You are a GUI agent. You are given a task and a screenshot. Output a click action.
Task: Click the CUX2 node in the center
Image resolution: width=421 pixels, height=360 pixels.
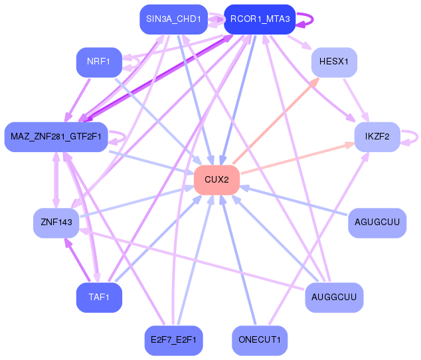[x=216, y=180]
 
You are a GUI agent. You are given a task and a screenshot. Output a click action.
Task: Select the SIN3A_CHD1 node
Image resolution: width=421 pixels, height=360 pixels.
[x=173, y=19]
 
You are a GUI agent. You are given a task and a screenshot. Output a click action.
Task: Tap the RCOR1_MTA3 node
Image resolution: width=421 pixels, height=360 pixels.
[x=260, y=19]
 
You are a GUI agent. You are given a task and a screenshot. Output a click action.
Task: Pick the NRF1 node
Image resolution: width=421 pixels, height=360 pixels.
[x=99, y=62]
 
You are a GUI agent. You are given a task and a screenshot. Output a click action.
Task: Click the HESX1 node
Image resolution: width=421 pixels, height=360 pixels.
[x=334, y=62]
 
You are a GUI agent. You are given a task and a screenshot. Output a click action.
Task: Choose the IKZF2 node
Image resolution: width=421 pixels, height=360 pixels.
[x=377, y=137]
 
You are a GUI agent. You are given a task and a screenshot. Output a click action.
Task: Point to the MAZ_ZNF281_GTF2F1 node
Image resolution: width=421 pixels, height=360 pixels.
[x=56, y=137]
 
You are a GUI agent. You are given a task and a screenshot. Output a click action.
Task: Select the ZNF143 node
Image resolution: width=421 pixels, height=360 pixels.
[x=56, y=223]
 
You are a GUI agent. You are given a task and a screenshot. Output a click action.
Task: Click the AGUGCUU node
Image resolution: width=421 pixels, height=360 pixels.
[x=377, y=223]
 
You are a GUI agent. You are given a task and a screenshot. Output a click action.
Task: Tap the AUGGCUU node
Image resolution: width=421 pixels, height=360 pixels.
[x=334, y=298]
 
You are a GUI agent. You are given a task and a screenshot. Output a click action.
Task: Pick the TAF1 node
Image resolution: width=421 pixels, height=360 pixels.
[x=99, y=298]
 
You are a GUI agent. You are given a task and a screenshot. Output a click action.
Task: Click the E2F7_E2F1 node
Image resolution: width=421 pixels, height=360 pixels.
[x=173, y=340]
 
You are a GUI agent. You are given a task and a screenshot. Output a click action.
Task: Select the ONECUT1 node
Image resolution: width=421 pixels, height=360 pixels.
[x=260, y=340]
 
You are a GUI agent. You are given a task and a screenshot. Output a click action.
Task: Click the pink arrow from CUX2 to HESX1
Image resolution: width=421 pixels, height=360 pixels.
[x=276, y=121]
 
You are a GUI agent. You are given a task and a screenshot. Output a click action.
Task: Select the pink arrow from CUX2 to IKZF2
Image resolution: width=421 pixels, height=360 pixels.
[x=297, y=159]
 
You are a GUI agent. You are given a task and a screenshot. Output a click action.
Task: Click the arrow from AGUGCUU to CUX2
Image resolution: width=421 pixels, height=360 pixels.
[x=294, y=201]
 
